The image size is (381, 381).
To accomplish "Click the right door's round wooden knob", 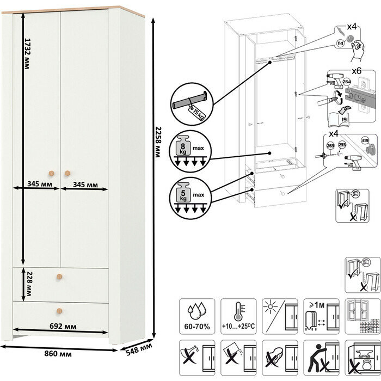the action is coord(67,173).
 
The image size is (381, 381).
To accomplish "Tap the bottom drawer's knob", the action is coord(58,311).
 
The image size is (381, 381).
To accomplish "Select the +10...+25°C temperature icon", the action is coord(236,315).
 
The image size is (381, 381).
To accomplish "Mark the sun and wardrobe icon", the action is coord(277,315).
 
